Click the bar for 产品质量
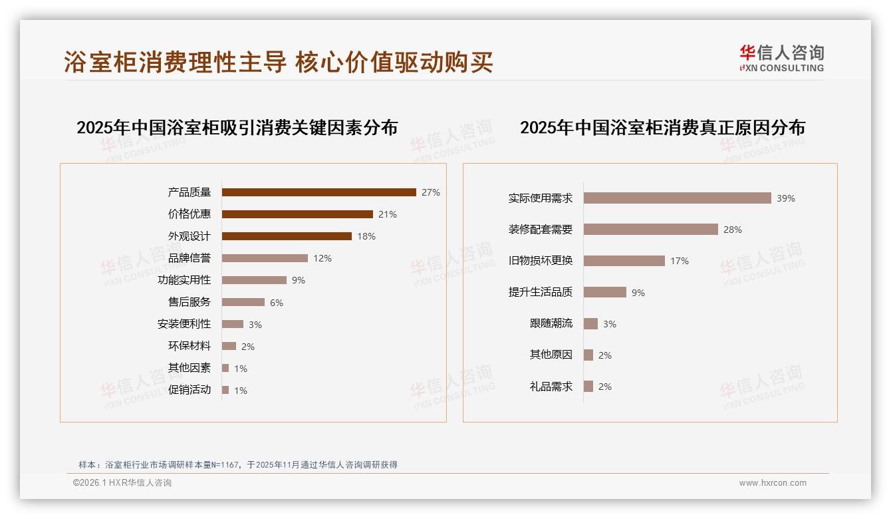(x=318, y=192)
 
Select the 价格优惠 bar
(x=297, y=214)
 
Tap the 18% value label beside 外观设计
(x=366, y=236)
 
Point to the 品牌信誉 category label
(x=190, y=258)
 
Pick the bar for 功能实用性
(x=254, y=280)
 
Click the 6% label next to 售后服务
(x=277, y=303)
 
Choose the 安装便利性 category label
(x=184, y=324)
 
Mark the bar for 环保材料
(x=229, y=346)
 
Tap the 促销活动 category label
(x=190, y=390)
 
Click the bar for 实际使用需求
(x=677, y=198)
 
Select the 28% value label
(x=733, y=230)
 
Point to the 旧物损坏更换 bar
(x=624, y=261)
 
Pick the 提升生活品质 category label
(x=541, y=292)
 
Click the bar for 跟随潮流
(x=590, y=324)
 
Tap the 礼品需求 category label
(x=551, y=387)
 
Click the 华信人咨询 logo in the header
(x=781, y=59)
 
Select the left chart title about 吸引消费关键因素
(x=237, y=128)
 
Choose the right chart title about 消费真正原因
(x=662, y=128)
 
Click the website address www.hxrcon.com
(x=773, y=483)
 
